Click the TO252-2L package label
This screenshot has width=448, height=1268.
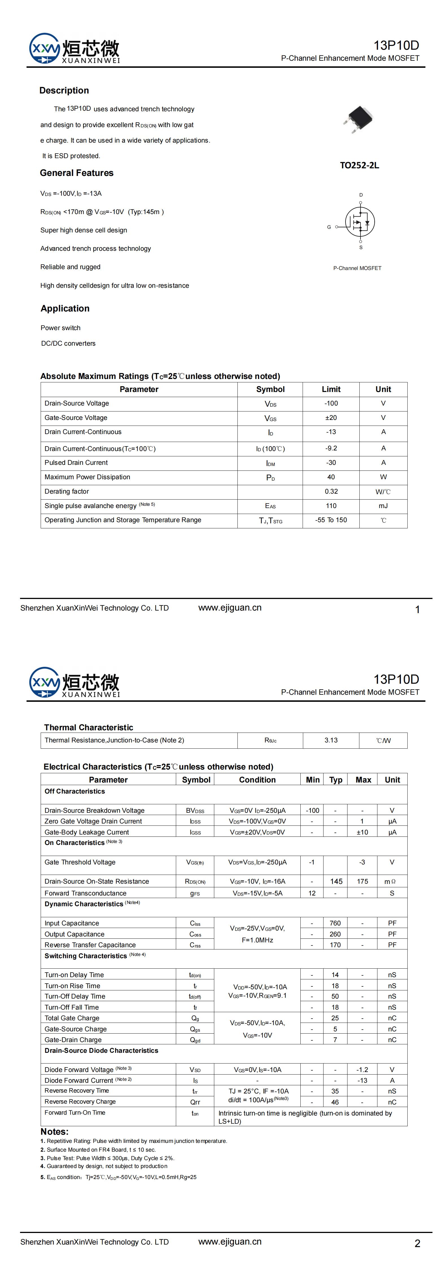[x=359, y=165]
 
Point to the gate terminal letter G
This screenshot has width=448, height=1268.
[x=329, y=227]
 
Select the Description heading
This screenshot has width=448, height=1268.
[x=64, y=91]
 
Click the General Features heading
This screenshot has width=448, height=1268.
[x=77, y=173]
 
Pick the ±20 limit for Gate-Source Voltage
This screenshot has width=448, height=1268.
[x=331, y=417]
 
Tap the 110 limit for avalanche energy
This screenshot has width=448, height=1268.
[x=331, y=506]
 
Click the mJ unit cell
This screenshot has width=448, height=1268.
[x=383, y=506]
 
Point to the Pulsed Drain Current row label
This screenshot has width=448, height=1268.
[x=76, y=463]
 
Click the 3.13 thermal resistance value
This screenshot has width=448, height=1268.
[x=331, y=740]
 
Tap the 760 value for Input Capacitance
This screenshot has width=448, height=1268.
[x=335, y=923]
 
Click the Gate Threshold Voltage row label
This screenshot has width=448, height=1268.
[x=80, y=862]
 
